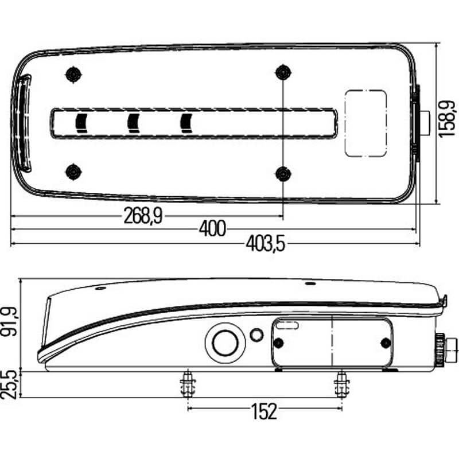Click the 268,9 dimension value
[x=143, y=216]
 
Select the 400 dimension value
[x=212, y=228]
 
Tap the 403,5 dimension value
[x=265, y=244]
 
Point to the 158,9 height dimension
[x=447, y=119]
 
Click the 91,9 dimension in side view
[x=9, y=321]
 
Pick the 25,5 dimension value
[x=9, y=384]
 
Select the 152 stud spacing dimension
[x=264, y=411]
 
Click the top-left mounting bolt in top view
[x=73, y=75]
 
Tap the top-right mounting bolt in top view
[x=283, y=72]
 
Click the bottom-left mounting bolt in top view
[x=73, y=172]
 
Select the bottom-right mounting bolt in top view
[x=283, y=174]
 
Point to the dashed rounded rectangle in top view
[x=366, y=123]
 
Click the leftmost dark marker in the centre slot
[x=81, y=123]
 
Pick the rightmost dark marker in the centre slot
[x=186, y=123]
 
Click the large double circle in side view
[x=225, y=343]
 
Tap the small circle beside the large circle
[x=256, y=335]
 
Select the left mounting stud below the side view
[x=188, y=383]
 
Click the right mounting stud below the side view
[x=342, y=383]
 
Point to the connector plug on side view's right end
[x=446, y=348]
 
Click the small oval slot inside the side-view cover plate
[x=287, y=325]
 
